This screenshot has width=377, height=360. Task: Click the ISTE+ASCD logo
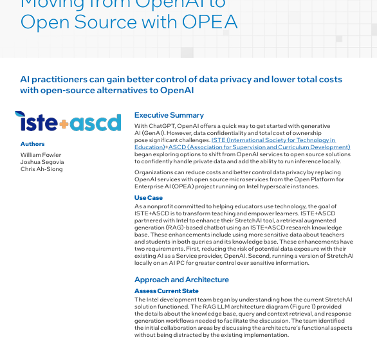click(68, 122)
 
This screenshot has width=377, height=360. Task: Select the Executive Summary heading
click(169, 115)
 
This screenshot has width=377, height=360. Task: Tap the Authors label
click(32, 144)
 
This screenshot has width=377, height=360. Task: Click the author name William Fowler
click(41, 155)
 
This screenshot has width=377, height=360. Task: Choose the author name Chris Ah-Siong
click(41, 169)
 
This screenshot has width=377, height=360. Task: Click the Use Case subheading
click(148, 198)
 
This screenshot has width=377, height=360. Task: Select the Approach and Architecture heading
click(181, 280)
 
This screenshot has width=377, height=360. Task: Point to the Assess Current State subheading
click(166, 291)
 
